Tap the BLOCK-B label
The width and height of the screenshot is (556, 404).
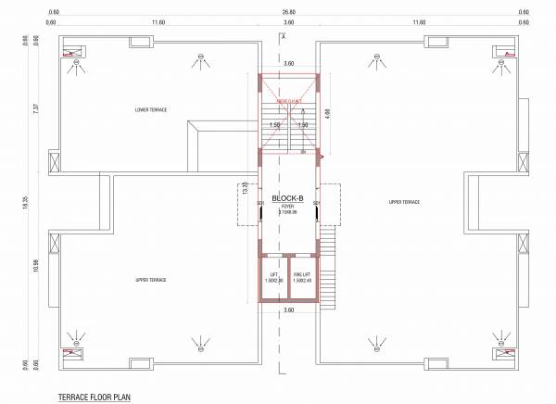(288, 198)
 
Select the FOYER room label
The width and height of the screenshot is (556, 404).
(287, 208)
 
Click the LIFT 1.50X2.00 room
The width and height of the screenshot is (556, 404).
(274, 277)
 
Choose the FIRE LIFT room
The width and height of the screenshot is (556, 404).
(302, 277)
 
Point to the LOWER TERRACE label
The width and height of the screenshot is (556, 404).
(150, 110)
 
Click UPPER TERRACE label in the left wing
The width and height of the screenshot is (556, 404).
(150, 280)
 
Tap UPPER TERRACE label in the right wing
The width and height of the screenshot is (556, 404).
(405, 201)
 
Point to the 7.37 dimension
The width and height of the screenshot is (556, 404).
(37, 107)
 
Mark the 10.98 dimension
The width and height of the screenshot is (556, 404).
(37, 266)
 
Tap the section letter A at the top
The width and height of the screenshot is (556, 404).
(283, 35)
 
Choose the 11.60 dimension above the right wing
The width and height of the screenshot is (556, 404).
(418, 21)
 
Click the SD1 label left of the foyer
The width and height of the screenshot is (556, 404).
(260, 203)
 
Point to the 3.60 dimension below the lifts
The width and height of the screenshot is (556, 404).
(288, 310)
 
